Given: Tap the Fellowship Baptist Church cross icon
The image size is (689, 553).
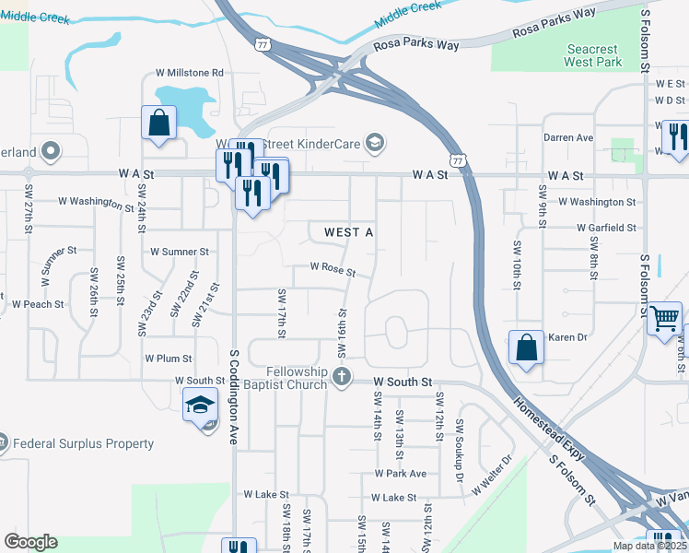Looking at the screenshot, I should coord(342,376).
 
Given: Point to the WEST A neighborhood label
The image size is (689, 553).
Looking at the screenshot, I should coord(348,233).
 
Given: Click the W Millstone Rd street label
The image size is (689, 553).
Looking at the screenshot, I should coord(189,72).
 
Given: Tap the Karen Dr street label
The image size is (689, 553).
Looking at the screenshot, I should coord(567,337).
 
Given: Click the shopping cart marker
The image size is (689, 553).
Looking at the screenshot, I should coord(664,319).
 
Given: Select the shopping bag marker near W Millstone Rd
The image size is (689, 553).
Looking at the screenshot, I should coord(159,123).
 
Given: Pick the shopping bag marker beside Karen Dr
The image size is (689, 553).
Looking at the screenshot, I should coord(526,348).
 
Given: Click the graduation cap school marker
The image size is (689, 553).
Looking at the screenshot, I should coord(200,405).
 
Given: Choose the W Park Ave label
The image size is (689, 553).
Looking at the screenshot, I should coord(400,473).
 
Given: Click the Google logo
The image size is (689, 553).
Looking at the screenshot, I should coord(30,542).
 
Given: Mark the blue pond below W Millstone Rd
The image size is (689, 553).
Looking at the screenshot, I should coord(183,106).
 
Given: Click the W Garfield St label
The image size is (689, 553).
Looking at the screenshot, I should coord(606,227).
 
